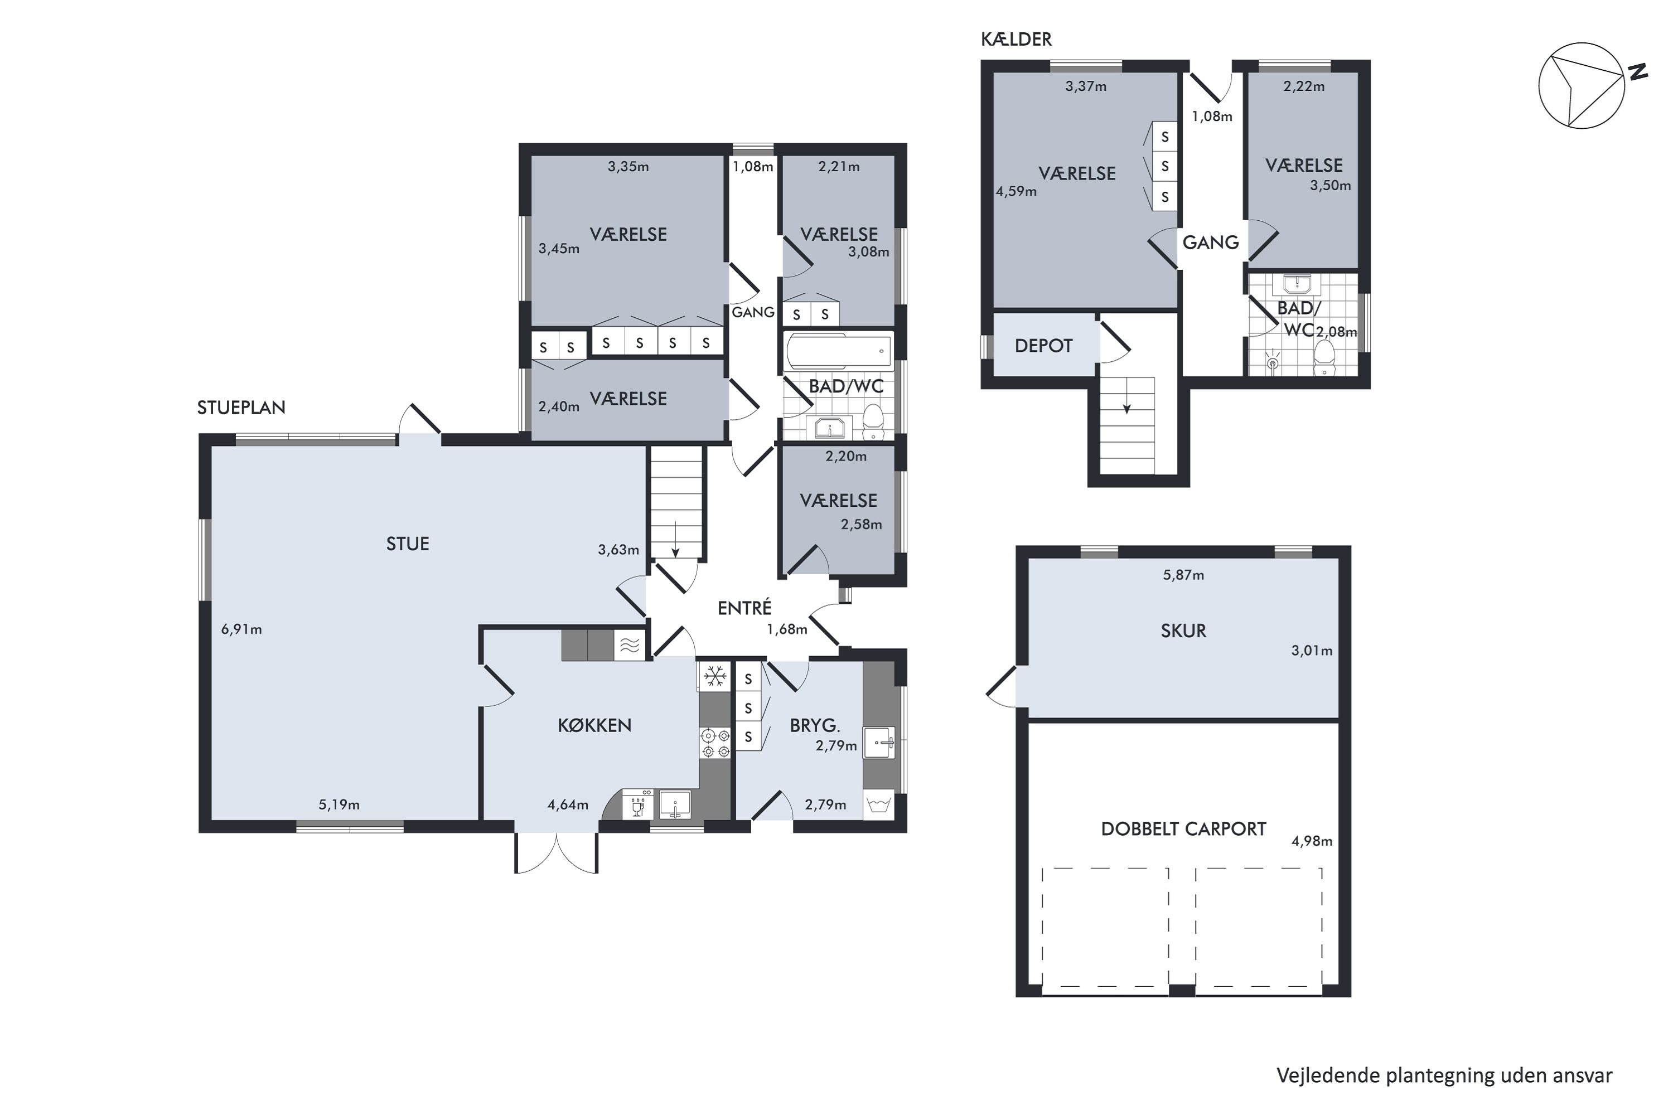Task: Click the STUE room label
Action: click(x=408, y=544)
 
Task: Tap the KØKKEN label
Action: click(x=594, y=725)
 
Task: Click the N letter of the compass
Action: click(x=1639, y=71)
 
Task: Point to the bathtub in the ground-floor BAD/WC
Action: click(x=839, y=351)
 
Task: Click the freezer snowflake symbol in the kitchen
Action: click(x=714, y=676)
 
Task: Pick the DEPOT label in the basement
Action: click(x=1043, y=346)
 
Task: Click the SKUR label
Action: click(x=1183, y=631)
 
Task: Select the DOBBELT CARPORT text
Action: click(x=1183, y=829)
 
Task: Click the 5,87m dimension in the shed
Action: click(x=1183, y=575)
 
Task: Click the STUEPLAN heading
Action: click(x=241, y=408)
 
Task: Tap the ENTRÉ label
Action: click(x=744, y=608)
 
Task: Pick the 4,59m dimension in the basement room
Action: click(x=1017, y=191)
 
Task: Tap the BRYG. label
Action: click(x=815, y=726)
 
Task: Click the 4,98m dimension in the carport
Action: click(x=1312, y=841)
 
